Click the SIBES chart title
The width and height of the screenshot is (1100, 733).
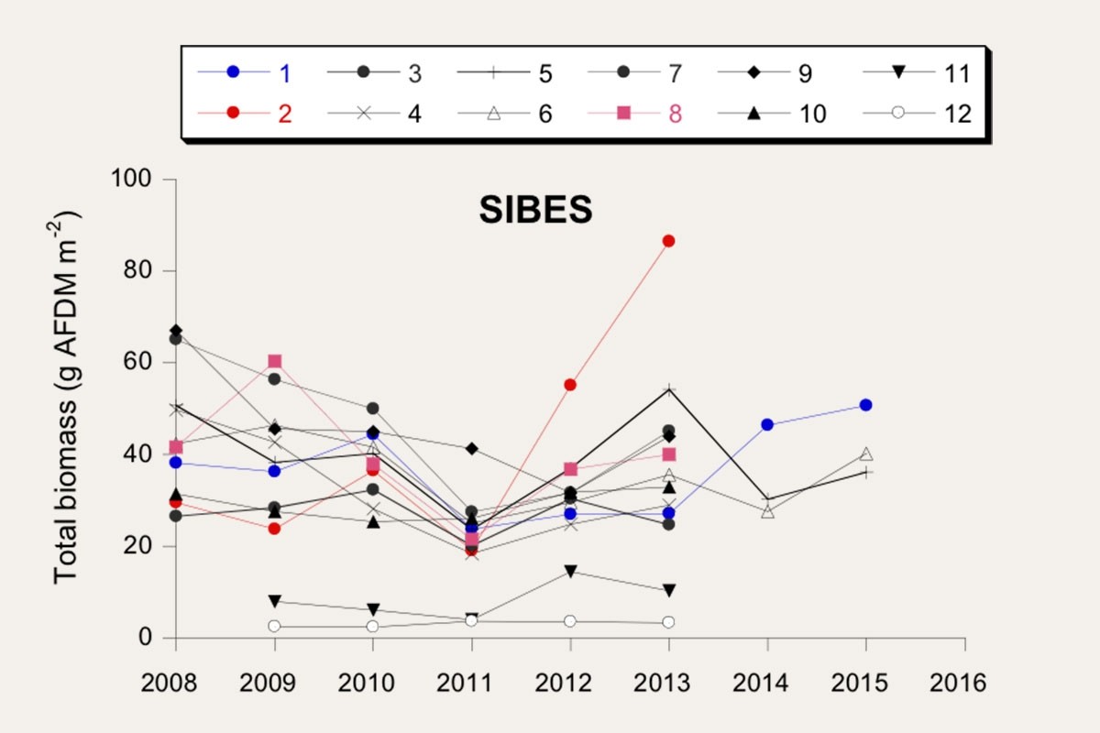coord(535,212)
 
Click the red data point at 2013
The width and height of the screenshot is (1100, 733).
coord(669,241)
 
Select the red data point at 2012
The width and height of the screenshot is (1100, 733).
coord(570,385)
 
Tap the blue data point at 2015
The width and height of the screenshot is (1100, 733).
coord(866,405)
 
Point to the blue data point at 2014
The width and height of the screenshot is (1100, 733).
coord(767,425)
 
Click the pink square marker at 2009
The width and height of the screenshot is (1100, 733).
coord(274,361)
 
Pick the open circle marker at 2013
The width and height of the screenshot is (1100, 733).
coord(669,622)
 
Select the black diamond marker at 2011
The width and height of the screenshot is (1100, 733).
coord(472,448)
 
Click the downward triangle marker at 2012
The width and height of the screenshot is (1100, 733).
coord(570,572)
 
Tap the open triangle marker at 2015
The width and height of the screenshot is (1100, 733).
coord(866,454)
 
